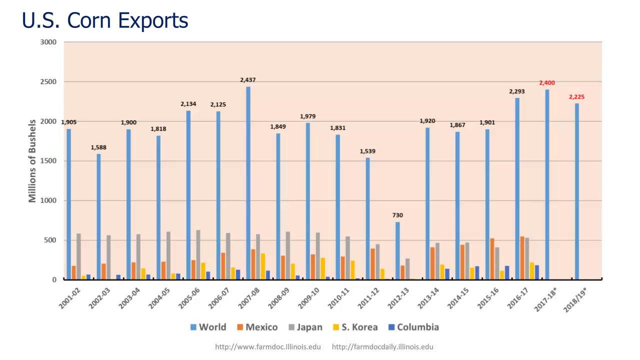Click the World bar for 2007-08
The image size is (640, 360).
[x=248, y=183]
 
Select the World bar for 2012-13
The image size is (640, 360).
[x=397, y=250]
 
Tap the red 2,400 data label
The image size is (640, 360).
[x=547, y=83]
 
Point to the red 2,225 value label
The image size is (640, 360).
[x=576, y=97]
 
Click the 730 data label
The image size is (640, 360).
[x=397, y=215]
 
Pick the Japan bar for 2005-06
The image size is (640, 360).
[x=198, y=254]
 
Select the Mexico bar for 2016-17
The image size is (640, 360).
[x=522, y=258]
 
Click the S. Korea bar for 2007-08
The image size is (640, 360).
[x=263, y=266]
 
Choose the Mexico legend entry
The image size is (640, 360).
[x=257, y=327]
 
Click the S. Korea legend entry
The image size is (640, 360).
[x=355, y=327]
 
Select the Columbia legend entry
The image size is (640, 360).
[x=413, y=327]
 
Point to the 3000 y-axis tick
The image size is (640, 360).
[x=48, y=42]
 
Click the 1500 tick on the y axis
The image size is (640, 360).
[x=48, y=161]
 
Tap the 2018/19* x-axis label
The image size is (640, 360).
[x=575, y=299]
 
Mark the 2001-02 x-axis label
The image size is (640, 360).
[x=69, y=298]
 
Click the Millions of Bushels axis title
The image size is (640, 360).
[x=32, y=161]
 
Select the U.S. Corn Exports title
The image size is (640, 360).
[x=105, y=20]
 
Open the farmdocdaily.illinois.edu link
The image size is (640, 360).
[x=382, y=346]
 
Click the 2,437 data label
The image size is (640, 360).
[x=248, y=80]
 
